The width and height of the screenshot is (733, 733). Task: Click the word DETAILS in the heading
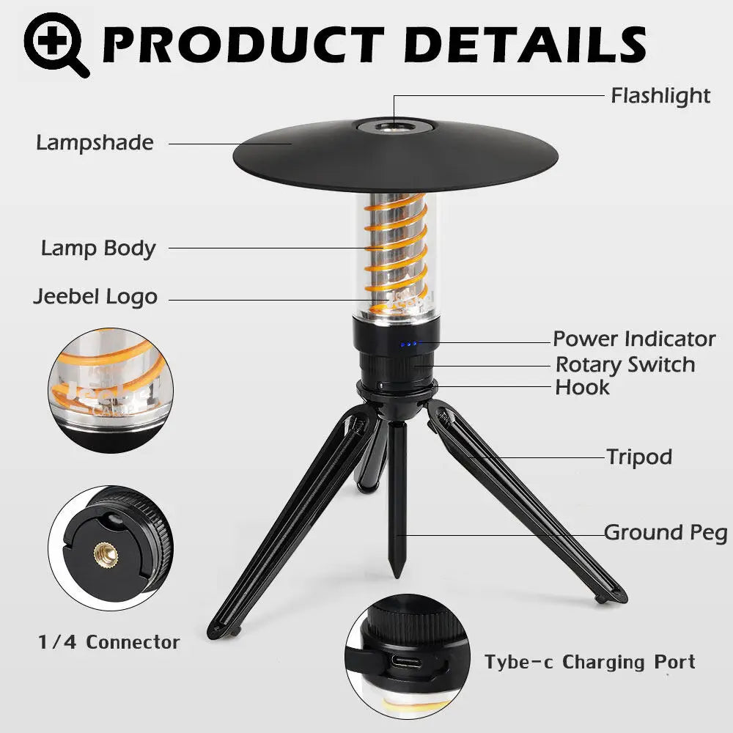pyautogui.click(x=523, y=44)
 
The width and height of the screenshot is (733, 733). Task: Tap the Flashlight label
pyautogui.click(x=660, y=96)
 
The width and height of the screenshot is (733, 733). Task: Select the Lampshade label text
pyautogui.click(x=95, y=142)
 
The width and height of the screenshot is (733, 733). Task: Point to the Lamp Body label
pyautogui.click(x=98, y=248)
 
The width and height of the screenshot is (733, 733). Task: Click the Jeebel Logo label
pyautogui.click(x=95, y=297)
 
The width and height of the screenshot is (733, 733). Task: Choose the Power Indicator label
pyautogui.click(x=634, y=339)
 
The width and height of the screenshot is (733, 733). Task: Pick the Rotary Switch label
pyautogui.click(x=625, y=364)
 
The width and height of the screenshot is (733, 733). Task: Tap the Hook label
pyautogui.click(x=582, y=387)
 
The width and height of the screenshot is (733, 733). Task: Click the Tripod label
pyautogui.click(x=639, y=457)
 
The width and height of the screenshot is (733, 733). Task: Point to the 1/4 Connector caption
pyautogui.click(x=109, y=643)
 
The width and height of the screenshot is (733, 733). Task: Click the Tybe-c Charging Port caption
pyautogui.click(x=589, y=663)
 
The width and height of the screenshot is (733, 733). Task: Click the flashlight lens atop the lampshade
pyautogui.click(x=395, y=127)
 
